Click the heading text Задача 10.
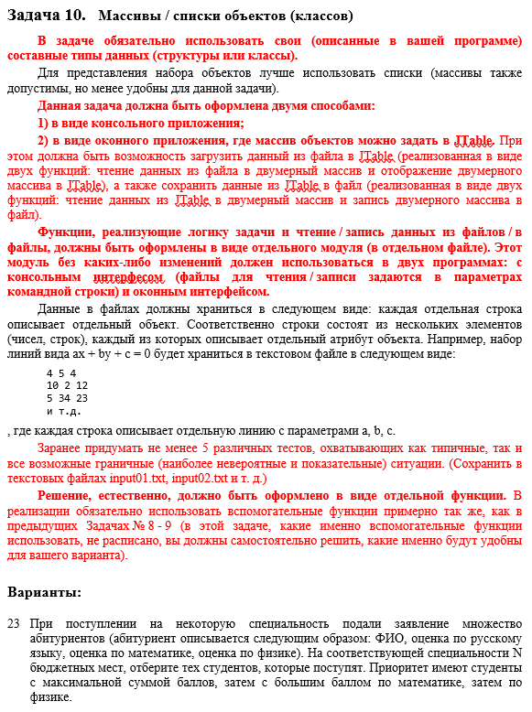[x=46, y=16]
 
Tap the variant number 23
[x=13, y=623]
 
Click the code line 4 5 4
[x=61, y=372]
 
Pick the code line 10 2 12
[x=67, y=385]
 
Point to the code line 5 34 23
[x=67, y=398]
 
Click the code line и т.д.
[x=63, y=411]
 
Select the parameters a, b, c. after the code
[x=377, y=429]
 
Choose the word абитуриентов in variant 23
[x=65, y=638]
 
